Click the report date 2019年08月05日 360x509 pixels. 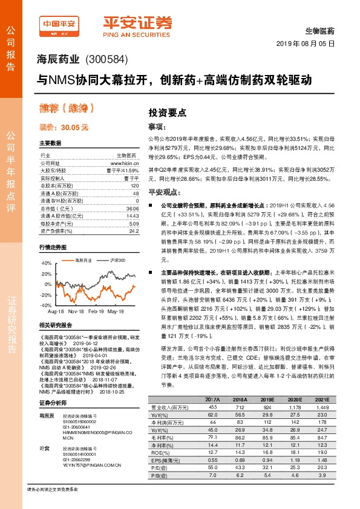pos(309,43)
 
